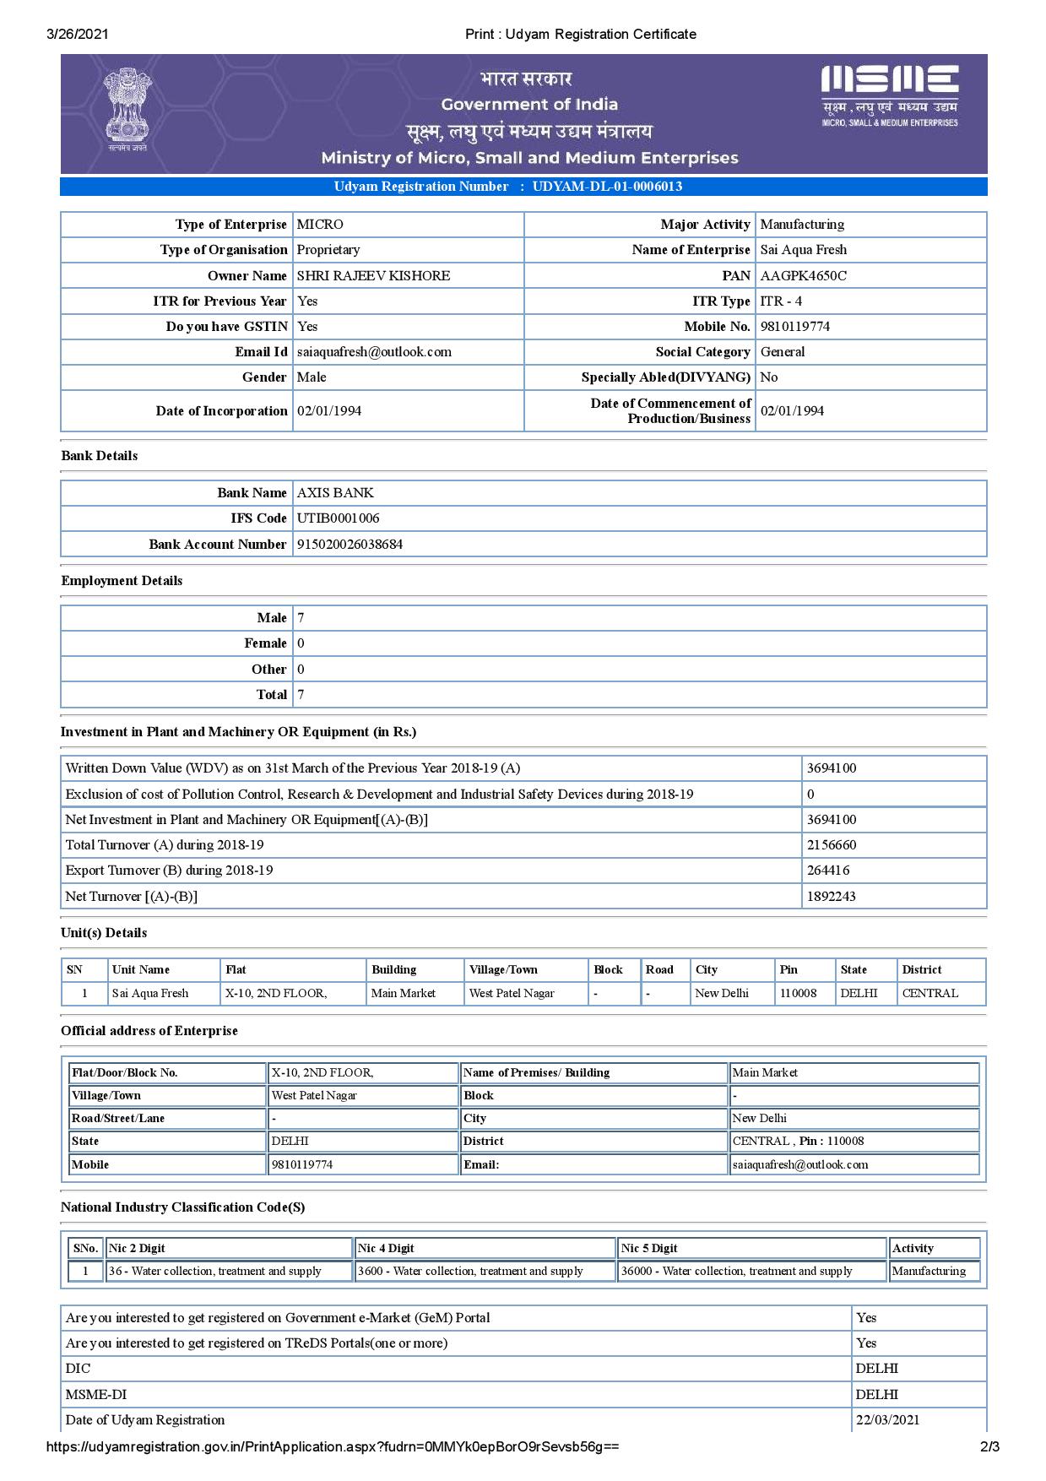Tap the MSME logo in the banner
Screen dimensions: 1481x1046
pyautogui.click(x=889, y=95)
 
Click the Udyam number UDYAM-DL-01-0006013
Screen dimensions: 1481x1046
pyautogui.click(x=607, y=187)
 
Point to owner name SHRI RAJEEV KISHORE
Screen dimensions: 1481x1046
pyautogui.click(x=373, y=275)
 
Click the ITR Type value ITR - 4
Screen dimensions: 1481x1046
pyautogui.click(x=781, y=301)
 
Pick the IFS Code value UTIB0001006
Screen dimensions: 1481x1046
pyautogui.click(x=338, y=518)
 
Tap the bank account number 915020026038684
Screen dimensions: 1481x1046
pyautogui.click(x=350, y=545)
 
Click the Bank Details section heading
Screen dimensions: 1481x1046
pyautogui.click(x=100, y=456)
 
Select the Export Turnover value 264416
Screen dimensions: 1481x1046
pyautogui.click(x=828, y=871)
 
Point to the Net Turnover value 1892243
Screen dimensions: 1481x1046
pyautogui.click(x=831, y=897)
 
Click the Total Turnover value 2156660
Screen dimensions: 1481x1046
pyautogui.click(x=831, y=845)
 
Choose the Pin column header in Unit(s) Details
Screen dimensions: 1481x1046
pyautogui.click(x=789, y=970)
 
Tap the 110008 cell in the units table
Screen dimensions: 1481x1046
pyautogui.click(x=798, y=994)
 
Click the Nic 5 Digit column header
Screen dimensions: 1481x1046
pyautogui.click(x=649, y=1248)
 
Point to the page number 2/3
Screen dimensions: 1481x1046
pyautogui.click(x=989, y=1447)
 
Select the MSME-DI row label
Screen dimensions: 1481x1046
pyautogui.click(x=96, y=1395)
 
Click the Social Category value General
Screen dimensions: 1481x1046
pyautogui.click(x=783, y=352)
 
